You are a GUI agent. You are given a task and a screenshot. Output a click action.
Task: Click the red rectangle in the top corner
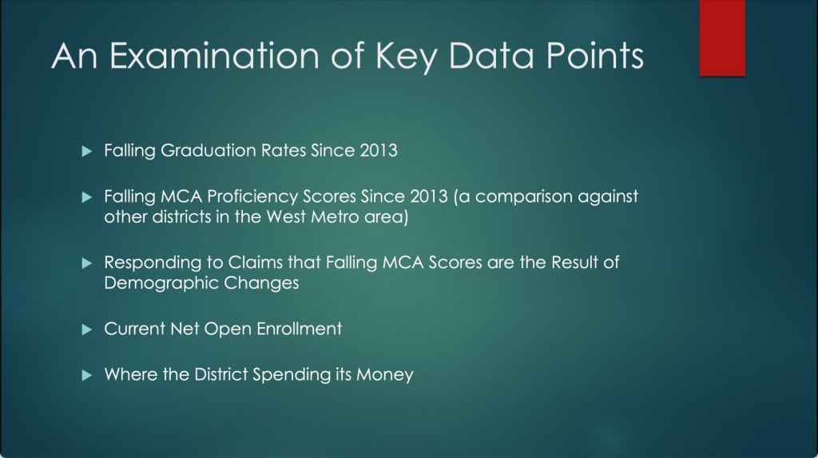point(722,38)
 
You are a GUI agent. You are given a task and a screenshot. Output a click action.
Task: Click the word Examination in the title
point(214,55)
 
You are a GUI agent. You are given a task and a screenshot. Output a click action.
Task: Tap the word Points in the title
point(594,55)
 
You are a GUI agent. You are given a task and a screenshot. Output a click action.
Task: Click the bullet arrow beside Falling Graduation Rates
point(87,151)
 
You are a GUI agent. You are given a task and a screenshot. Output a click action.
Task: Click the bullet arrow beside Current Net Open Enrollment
point(87,330)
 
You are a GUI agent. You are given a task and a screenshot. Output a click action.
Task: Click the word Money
point(385,375)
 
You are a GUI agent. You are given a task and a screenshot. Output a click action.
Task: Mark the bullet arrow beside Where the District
point(87,375)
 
